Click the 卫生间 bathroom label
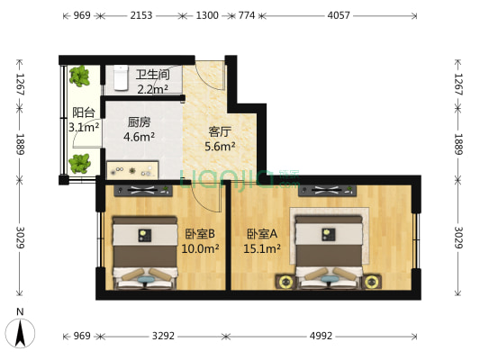(x=152, y=75)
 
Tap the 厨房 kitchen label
(x=139, y=123)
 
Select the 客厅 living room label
(x=221, y=131)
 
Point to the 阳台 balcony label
(x=84, y=112)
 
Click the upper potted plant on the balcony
(x=81, y=76)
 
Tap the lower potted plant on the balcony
(x=80, y=163)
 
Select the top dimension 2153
(x=141, y=16)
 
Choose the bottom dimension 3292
(x=162, y=336)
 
